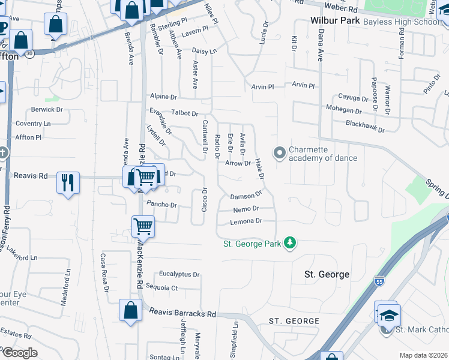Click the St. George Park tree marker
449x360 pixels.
click(x=291, y=243)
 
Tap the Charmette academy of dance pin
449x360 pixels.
click(x=279, y=154)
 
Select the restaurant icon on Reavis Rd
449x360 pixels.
click(x=68, y=182)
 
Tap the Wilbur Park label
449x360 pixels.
click(x=335, y=20)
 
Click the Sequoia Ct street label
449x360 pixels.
click(x=166, y=288)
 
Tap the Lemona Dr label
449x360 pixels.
click(x=247, y=221)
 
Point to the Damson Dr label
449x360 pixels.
click(x=246, y=196)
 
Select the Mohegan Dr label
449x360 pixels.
click(x=344, y=111)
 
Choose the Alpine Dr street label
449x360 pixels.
click(x=164, y=97)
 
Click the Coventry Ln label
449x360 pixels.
click(x=34, y=124)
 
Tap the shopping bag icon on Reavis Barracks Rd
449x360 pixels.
click(x=130, y=311)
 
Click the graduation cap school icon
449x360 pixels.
click(x=389, y=315)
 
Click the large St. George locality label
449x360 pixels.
click(x=327, y=274)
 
